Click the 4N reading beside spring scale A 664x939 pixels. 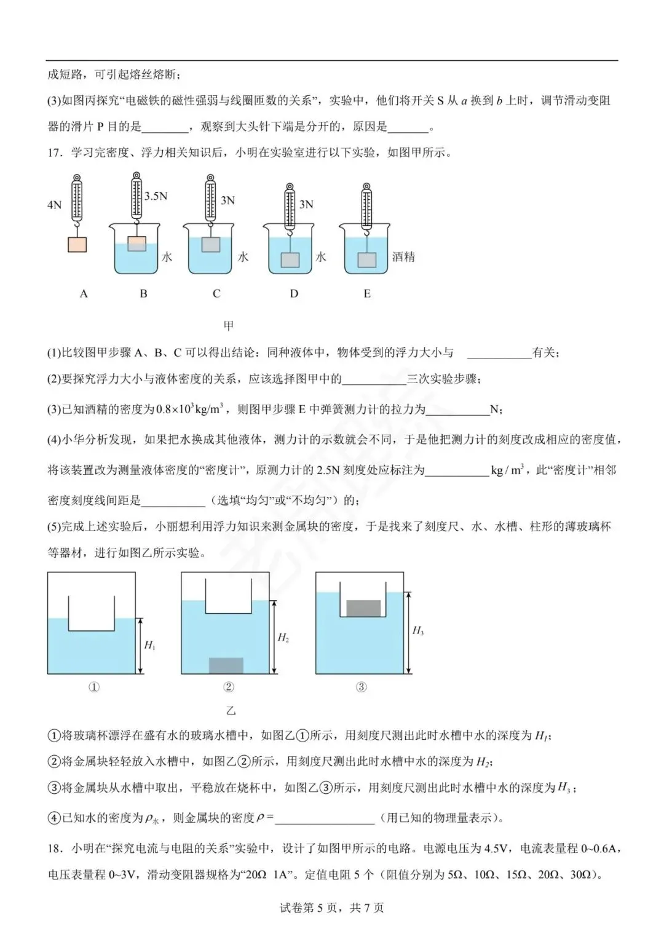(54, 205)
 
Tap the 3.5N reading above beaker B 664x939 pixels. (156, 196)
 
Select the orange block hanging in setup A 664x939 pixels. (77, 244)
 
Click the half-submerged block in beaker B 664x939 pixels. (136, 244)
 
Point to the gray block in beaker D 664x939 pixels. (290, 260)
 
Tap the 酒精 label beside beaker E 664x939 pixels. (403, 257)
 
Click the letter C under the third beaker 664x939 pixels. (216, 294)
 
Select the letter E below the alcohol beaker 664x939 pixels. (367, 294)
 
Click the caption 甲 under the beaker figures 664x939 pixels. (229, 325)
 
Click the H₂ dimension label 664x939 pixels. (283, 638)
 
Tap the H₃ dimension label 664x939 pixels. (418, 630)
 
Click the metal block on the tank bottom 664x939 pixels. (226, 665)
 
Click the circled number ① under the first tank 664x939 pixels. (94, 687)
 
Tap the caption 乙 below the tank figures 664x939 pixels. (231, 711)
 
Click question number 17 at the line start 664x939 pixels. (54, 153)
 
